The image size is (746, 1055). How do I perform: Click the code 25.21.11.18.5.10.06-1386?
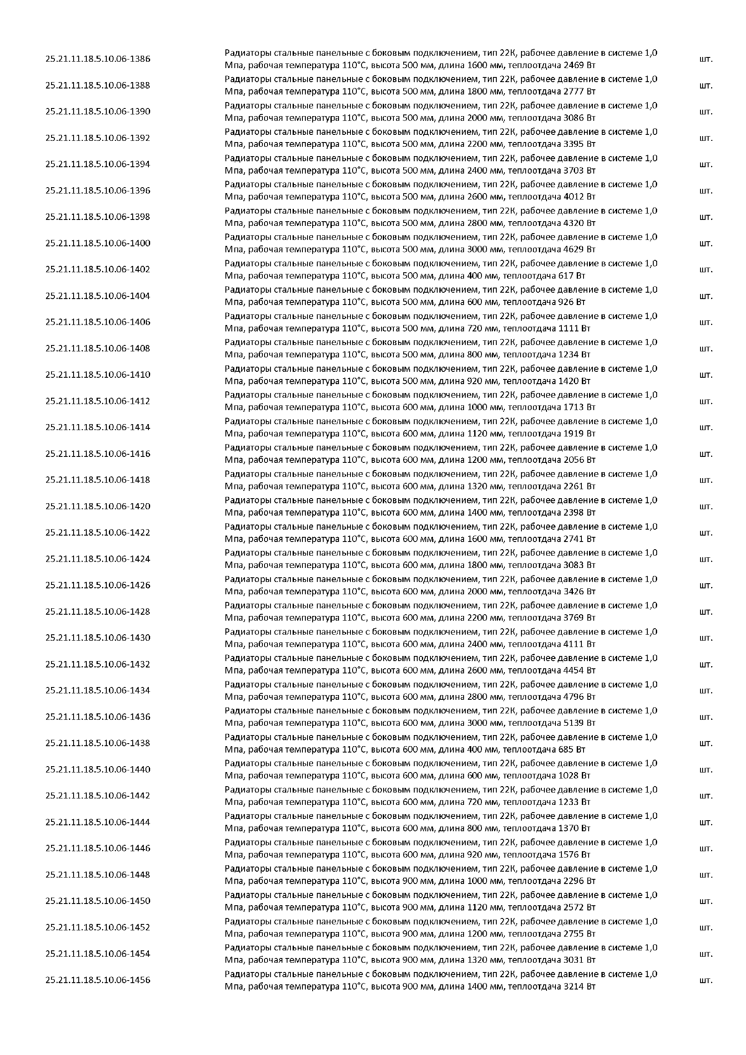pyautogui.click(x=97, y=59)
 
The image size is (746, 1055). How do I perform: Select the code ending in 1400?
pyautogui.click(x=97, y=243)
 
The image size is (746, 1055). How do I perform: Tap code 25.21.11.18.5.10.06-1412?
pyautogui.click(x=97, y=401)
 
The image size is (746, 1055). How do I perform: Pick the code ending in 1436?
pyautogui.click(x=97, y=717)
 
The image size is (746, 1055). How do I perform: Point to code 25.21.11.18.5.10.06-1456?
pyautogui.click(x=97, y=980)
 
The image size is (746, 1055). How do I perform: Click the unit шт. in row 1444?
pyautogui.click(x=706, y=822)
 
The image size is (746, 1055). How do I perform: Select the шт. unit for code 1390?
pyautogui.click(x=706, y=111)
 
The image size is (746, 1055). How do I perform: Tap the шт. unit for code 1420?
pyautogui.click(x=706, y=506)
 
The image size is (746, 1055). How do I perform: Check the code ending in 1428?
pyautogui.click(x=97, y=612)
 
